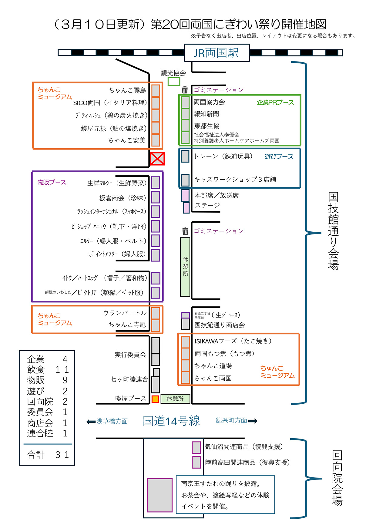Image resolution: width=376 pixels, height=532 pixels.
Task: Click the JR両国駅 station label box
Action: tap(217, 53)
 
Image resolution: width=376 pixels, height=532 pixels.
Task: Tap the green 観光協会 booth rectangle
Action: tap(174, 81)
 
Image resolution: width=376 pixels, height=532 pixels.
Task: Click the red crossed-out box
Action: tap(157, 159)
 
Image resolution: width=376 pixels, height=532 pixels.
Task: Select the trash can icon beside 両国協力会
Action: tap(185, 90)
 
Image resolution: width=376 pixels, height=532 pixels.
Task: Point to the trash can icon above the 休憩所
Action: tap(185, 231)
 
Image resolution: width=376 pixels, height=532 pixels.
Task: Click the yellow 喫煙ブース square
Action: tap(155, 399)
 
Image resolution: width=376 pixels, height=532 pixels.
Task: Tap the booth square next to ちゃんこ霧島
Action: tap(156, 91)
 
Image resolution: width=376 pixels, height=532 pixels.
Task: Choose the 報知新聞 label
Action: tap(206, 114)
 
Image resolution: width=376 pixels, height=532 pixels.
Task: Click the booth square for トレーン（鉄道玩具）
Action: tap(185, 156)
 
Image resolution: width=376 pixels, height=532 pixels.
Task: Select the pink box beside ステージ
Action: tap(186, 208)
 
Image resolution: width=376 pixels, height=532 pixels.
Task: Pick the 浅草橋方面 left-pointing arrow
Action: tap(91, 422)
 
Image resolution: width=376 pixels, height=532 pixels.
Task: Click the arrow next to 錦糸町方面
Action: tap(253, 421)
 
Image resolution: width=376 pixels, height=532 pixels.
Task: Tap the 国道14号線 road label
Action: tap(171, 421)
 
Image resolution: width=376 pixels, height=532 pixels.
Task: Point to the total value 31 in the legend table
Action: tap(62, 455)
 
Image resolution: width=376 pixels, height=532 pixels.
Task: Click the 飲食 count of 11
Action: tap(62, 370)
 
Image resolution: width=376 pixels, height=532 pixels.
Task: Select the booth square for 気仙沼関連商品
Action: tap(196, 447)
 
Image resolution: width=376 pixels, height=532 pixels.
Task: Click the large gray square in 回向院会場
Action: tap(159, 495)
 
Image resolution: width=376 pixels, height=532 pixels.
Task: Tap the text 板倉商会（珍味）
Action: tap(123, 198)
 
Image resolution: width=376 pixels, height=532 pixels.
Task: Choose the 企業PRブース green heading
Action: tap(275, 103)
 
